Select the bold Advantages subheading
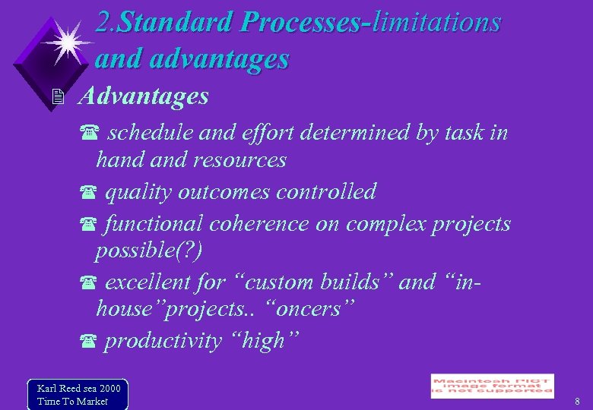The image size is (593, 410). point(143,96)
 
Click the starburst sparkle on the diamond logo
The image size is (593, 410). point(66,40)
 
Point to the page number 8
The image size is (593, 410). point(578,401)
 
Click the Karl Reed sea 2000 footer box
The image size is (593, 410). point(78,394)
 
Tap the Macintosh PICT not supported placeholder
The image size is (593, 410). point(492,386)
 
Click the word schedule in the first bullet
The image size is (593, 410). point(149,134)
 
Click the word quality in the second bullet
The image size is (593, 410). point(138,192)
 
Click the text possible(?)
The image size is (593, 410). point(149,251)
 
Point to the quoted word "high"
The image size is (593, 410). point(263,342)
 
